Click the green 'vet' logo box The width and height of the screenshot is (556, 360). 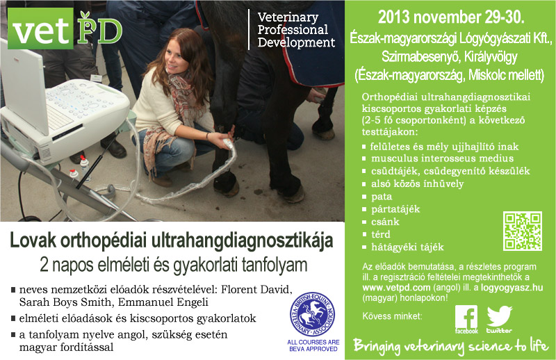(x=40, y=28)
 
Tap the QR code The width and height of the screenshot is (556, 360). (x=523, y=231)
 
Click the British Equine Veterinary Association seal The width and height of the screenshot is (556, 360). (x=312, y=314)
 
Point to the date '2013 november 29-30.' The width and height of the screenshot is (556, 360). (x=450, y=17)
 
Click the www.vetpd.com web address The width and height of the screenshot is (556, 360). (x=396, y=287)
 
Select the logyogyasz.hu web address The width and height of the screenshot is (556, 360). (x=512, y=287)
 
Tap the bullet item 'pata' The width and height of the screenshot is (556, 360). (x=381, y=197)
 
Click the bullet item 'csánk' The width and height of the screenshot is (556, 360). (x=385, y=222)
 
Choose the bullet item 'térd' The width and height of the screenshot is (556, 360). (x=380, y=234)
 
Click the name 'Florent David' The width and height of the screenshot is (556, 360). (x=256, y=289)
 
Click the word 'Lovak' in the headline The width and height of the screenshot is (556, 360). (x=33, y=240)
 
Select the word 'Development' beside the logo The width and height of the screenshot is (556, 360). (x=296, y=42)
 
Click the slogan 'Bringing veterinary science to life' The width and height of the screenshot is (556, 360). (x=450, y=345)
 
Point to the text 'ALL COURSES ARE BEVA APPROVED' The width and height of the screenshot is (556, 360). (x=313, y=345)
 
